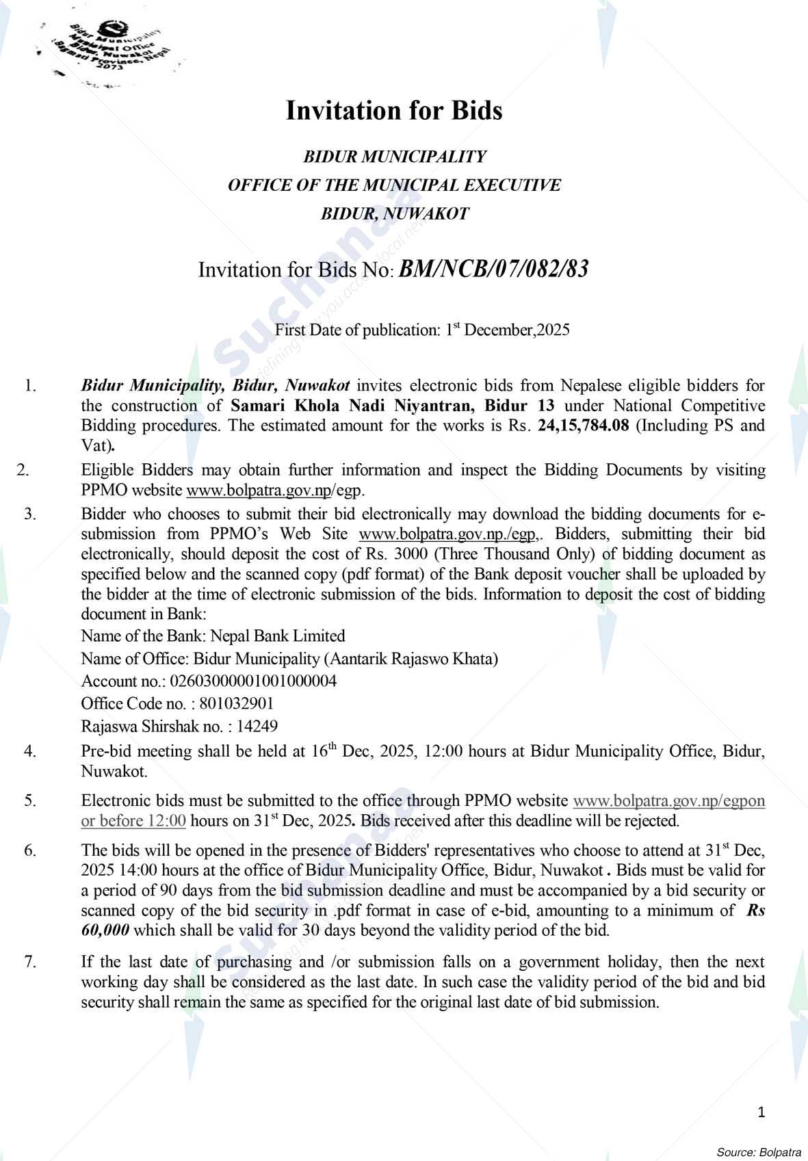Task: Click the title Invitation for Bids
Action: (x=394, y=110)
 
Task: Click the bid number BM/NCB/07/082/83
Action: (x=493, y=269)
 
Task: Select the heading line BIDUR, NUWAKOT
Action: (x=395, y=213)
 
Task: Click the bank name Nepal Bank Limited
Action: (x=278, y=636)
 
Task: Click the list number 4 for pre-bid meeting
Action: (x=30, y=751)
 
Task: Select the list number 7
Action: (x=30, y=962)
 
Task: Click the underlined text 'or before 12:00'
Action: (x=133, y=821)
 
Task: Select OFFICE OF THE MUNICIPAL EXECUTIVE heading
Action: (x=394, y=185)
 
